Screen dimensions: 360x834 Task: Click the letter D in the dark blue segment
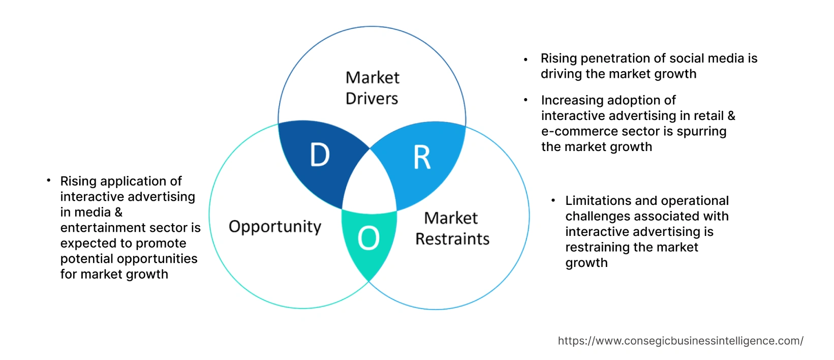click(x=320, y=155)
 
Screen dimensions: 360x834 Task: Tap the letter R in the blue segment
click(x=422, y=158)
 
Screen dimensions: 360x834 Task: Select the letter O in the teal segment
click(x=368, y=238)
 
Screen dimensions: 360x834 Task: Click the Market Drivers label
click(x=372, y=88)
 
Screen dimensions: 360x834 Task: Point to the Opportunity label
click(x=275, y=226)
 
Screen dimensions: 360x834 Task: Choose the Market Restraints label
click(x=452, y=228)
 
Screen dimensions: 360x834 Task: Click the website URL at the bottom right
click(x=681, y=341)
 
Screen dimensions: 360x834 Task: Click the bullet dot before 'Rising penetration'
click(x=526, y=59)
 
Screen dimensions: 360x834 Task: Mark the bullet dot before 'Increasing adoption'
click(x=526, y=100)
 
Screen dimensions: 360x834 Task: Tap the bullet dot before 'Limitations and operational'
click(x=553, y=201)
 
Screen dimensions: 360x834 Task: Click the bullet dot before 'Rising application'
click(x=48, y=180)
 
